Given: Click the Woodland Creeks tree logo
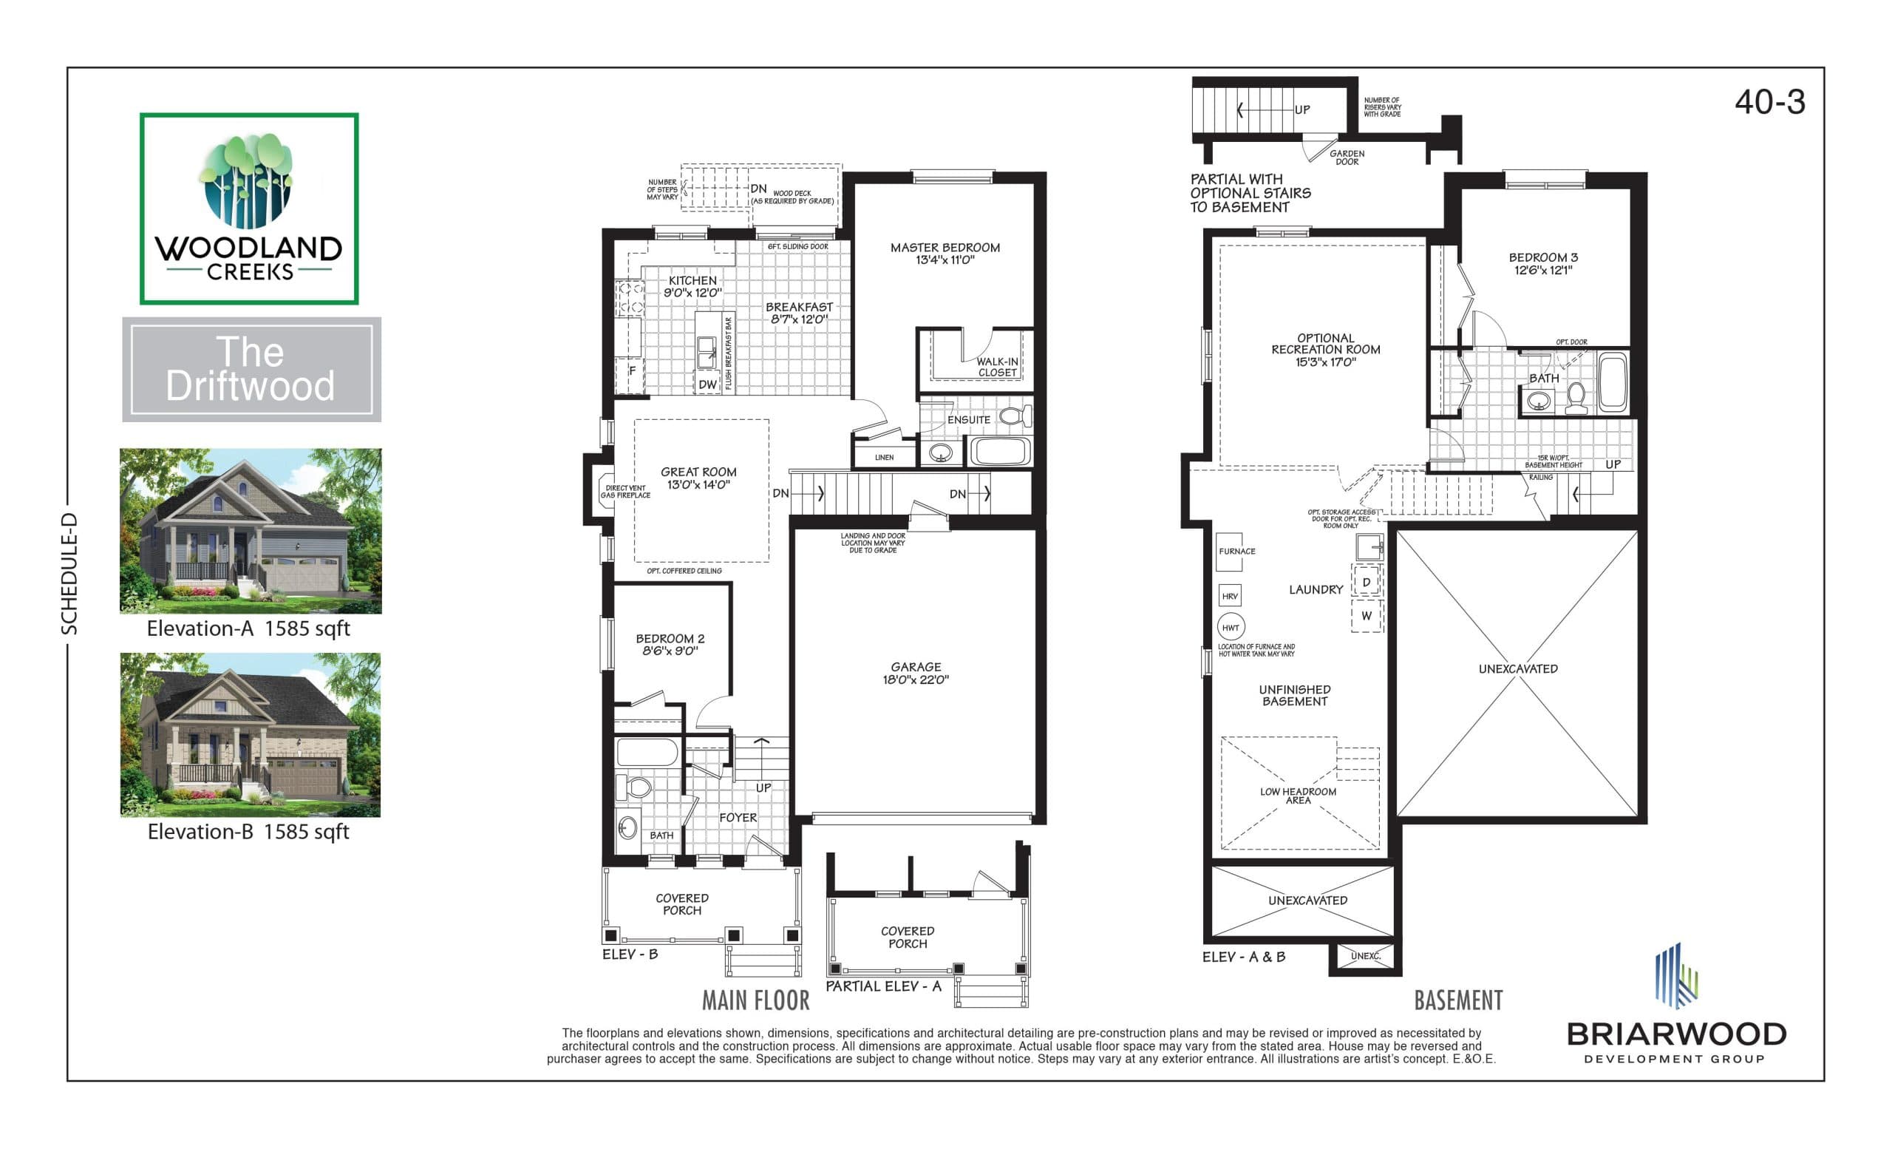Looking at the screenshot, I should [248, 181].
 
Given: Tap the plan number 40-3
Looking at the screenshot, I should [1769, 102].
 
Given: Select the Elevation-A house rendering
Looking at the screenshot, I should [251, 531].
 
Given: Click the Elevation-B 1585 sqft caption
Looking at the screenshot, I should [248, 832].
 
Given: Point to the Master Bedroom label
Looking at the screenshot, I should [945, 254].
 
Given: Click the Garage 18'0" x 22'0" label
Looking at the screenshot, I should [915, 673].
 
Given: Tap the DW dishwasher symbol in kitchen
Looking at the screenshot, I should [707, 384].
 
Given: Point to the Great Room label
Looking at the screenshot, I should [698, 478].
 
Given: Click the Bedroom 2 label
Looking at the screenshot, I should [670, 645].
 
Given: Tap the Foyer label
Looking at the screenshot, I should [737, 818].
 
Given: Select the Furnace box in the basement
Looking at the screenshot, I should [1229, 552].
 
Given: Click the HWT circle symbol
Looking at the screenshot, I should [1230, 628].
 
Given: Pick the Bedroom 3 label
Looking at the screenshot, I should [1542, 263].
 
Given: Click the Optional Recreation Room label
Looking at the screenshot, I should [1325, 350].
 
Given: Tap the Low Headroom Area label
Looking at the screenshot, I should [1298, 796].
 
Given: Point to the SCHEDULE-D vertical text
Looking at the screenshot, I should [70, 574].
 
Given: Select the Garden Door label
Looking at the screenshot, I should [1347, 157].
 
